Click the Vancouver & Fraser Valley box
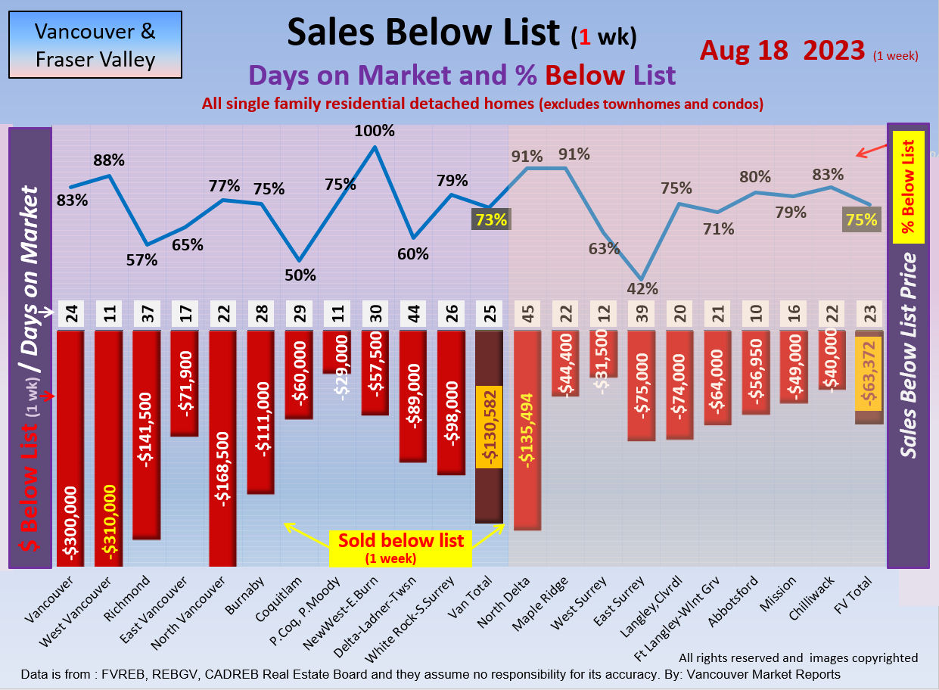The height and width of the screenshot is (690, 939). [x=95, y=45]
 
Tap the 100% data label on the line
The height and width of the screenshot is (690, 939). [x=375, y=130]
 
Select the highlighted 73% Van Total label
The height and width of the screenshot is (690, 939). [x=490, y=220]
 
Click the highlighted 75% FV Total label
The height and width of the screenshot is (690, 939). [x=862, y=220]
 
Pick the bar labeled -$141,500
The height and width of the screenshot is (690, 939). [x=147, y=434]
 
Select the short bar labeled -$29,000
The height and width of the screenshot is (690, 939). [x=337, y=352]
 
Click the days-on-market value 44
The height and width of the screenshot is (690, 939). [x=413, y=315]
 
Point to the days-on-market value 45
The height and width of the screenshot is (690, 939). [x=527, y=315]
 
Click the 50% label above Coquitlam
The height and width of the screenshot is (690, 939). [x=300, y=275]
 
